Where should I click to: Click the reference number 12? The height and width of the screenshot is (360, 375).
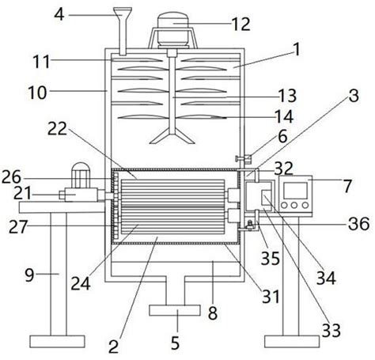(x=241, y=24)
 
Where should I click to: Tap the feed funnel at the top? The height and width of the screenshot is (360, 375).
(x=123, y=31)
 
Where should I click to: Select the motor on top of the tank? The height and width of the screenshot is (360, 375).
(x=172, y=30)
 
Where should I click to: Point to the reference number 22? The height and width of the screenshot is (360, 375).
(x=58, y=129)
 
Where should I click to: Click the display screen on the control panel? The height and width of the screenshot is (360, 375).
(x=295, y=191)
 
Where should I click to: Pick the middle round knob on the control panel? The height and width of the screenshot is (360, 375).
(x=294, y=205)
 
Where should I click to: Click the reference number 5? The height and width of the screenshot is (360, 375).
(x=175, y=343)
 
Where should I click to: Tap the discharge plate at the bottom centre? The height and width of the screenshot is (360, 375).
(x=175, y=310)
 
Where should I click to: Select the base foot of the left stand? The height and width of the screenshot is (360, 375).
(x=57, y=342)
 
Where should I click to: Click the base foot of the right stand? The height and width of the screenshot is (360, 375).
(x=292, y=342)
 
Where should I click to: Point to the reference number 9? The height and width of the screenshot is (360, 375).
(x=29, y=275)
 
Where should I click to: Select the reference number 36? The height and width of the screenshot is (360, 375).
(x=358, y=224)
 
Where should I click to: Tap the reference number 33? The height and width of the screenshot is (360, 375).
(x=331, y=330)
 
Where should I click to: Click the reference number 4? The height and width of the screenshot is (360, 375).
(x=59, y=14)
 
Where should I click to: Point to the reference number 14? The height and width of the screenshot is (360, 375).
(x=284, y=116)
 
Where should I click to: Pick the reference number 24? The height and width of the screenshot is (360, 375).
(x=81, y=284)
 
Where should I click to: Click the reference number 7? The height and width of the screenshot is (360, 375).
(x=347, y=186)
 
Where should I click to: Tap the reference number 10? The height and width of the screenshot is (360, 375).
(x=37, y=93)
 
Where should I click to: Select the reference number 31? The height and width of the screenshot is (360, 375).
(x=271, y=297)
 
